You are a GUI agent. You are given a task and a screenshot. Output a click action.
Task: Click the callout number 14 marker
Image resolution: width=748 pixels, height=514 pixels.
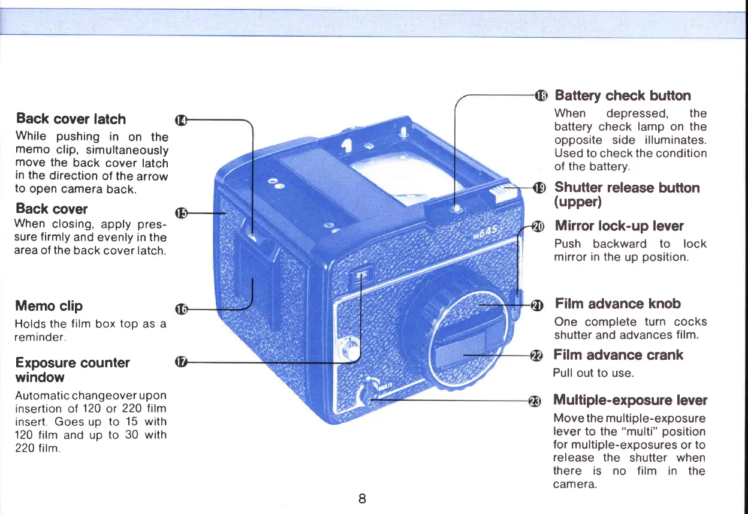click(x=179, y=121)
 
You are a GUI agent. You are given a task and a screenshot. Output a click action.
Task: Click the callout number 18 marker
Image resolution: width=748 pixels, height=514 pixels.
click(x=541, y=95)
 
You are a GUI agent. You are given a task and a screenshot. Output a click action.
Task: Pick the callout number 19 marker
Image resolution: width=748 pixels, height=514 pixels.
click(x=539, y=188)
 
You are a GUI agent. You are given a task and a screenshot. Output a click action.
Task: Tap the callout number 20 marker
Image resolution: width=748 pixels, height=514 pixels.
click(x=538, y=226)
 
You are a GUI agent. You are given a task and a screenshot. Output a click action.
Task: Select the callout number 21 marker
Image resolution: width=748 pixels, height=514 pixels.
click(x=538, y=305)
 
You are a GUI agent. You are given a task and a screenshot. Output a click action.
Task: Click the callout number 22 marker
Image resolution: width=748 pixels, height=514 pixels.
click(x=538, y=355)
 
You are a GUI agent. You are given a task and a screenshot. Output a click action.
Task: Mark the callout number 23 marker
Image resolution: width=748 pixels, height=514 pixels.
click(x=535, y=401)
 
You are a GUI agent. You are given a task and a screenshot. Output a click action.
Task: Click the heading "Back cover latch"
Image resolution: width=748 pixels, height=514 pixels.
click(x=71, y=119)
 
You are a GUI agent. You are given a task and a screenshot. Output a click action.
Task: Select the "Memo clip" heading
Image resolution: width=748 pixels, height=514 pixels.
click(x=49, y=306)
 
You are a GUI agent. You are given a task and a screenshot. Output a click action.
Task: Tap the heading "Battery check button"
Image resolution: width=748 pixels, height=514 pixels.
click(x=622, y=96)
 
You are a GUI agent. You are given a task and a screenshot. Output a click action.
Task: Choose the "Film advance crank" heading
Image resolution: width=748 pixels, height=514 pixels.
click(x=618, y=355)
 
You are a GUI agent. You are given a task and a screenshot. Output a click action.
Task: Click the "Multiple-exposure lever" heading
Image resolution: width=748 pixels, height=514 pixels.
click(x=629, y=400)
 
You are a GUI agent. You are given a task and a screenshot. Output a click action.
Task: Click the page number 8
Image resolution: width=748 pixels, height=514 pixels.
click(x=362, y=498)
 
